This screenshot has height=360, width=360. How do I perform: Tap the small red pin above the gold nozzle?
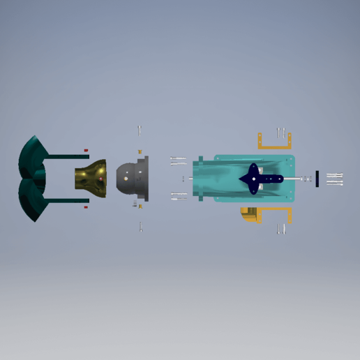tap(86, 150)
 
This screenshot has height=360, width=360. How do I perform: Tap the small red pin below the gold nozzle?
tap(86, 207)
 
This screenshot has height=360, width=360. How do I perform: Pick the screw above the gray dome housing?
tap(140, 130)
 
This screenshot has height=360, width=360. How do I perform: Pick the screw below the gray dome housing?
tap(140, 227)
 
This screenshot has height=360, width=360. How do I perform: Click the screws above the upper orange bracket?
tap(281, 130)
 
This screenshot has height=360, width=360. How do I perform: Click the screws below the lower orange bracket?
tap(282, 229)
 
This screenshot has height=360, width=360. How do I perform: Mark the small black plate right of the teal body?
tap(317, 179)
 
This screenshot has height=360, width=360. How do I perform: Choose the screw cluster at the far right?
tap(334, 179)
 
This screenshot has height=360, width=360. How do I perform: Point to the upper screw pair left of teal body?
tap(178, 161)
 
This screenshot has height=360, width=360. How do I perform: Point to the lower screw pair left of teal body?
tap(178, 196)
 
